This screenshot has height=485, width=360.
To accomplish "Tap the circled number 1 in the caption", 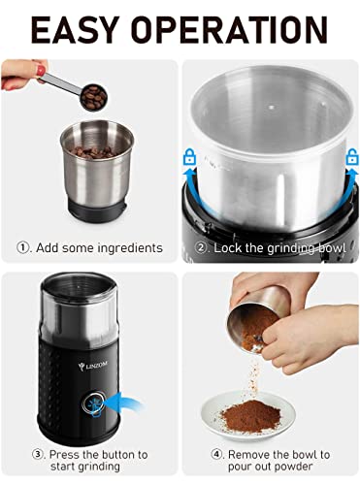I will [25, 248].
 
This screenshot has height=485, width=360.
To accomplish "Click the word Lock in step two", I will [229, 248].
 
